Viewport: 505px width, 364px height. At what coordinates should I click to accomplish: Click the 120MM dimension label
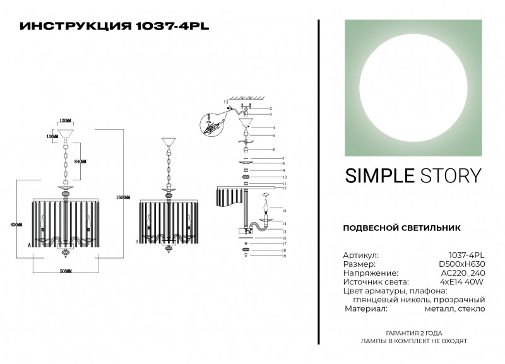coord(64,120)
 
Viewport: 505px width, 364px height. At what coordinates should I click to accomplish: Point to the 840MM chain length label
coord(80,162)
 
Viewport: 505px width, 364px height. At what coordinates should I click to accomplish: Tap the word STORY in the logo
coord(451,175)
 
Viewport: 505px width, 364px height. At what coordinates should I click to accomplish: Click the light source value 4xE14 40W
coord(462,282)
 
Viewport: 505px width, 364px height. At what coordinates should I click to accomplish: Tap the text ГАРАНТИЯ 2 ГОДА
coord(413,332)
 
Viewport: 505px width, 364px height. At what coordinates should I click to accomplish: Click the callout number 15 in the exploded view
coord(285,210)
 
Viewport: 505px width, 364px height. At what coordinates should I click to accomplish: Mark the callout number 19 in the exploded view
coord(285,257)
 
